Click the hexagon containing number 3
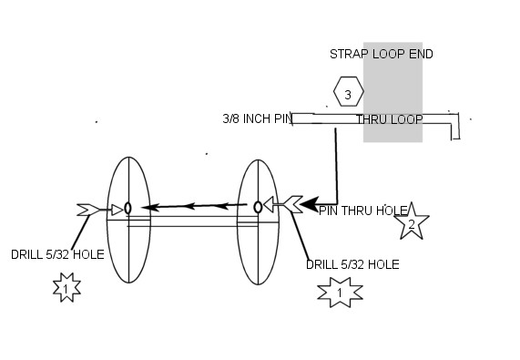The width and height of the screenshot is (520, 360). point(349,91)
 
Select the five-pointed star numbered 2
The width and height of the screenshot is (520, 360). point(412,222)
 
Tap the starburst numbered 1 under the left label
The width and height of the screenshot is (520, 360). point(66,287)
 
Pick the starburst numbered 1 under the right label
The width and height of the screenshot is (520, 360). point(340,292)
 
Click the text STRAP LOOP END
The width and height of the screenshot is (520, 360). point(382,54)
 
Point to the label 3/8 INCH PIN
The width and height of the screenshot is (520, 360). point(258,118)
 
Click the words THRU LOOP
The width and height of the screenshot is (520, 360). point(390,119)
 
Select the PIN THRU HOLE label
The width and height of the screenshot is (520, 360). point(362,211)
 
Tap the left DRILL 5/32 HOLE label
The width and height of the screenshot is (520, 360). point(57,254)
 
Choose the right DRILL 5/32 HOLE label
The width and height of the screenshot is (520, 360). point(352,264)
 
